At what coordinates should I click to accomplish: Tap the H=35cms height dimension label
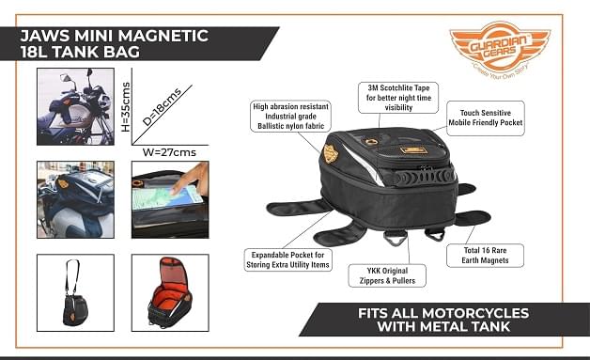pyautogui.click(x=126, y=107)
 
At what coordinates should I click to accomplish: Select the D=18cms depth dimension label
pyautogui.click(x=163, y=107)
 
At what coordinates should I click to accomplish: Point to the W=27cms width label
pyautogui.click(x=169, y=152)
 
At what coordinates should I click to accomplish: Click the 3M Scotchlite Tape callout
pyautogui.click(x=398, y=98)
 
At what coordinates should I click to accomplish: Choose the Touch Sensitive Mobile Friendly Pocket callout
pyautogui.click(x=486, y=117)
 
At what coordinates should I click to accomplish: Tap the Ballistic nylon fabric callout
pyautogui.click(x=290, y=117)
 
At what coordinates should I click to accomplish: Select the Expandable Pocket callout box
pyautogui.click(x=287, y=259)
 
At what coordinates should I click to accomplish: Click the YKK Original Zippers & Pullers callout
pyautogui.click(x=387, y=275)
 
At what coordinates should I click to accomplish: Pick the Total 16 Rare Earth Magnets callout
pyautogui.click(x=485, y=256)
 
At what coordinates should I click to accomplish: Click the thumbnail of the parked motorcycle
pyautogui.click(x=76, y=106)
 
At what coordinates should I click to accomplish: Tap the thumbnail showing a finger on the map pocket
pyautogui.click(x=170, y=199)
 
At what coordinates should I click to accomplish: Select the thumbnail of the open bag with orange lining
pyautogui.click(x=170, y=292)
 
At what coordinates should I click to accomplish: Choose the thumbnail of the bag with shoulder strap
pyautogui.click(x=76, y=292)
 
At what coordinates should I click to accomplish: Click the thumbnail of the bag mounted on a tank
pyautogui.click(x=76, y=199)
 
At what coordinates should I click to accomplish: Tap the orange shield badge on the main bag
pyautogui.click(x=331, y=153)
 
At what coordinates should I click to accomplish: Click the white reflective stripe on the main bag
pyautogui.click(x=363, y=164)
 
